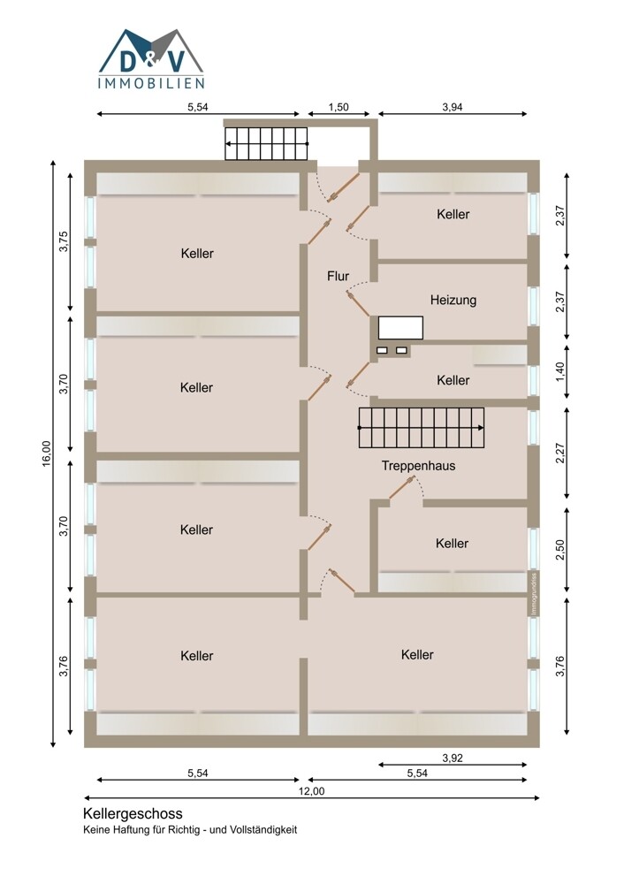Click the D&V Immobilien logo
point(151,58)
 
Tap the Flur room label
point(339,276)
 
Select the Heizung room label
point(453,300)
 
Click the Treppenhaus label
point(418,466)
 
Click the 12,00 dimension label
point(312,791)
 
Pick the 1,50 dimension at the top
point(339,107)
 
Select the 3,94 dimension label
point(453,107)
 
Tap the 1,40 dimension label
point(559,372)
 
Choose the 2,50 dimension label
point(559,550)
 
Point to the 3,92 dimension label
point(453,758)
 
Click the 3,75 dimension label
point(64,241)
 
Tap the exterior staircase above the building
point(267,144)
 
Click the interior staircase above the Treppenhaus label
point(422,427)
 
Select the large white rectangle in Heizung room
point(400,328)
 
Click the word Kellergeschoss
point(133,814)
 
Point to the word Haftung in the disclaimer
point(128,830)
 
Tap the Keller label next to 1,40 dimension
point(453,380)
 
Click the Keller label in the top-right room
point(453,214)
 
